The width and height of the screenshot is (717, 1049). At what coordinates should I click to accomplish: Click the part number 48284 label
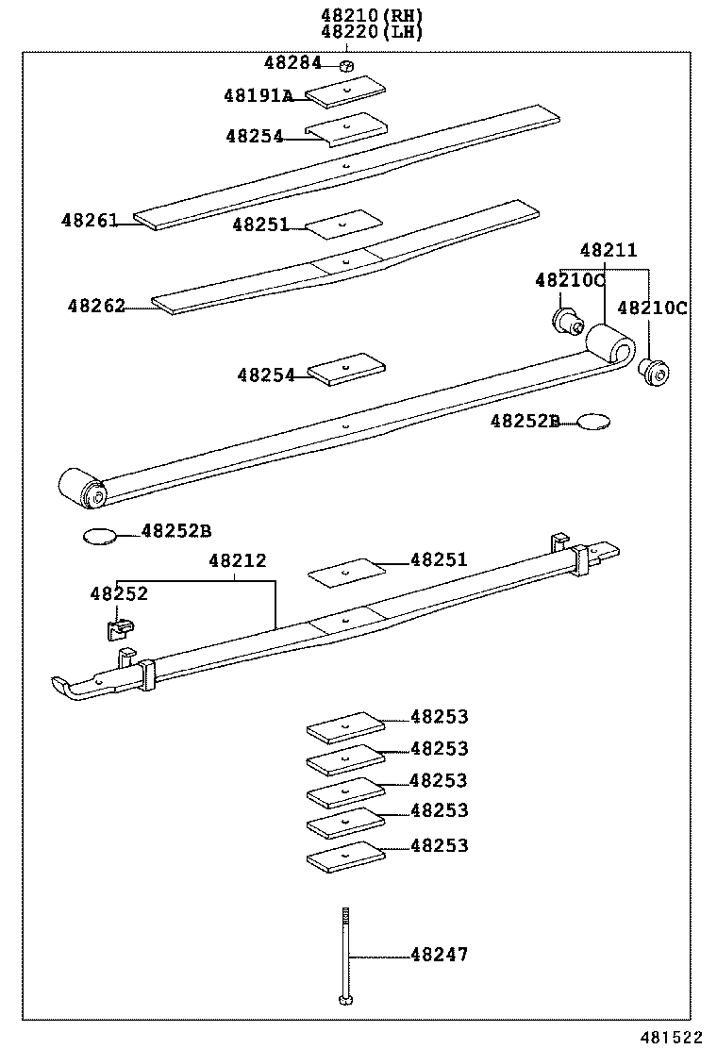pyautogui.click(x=292, y=63)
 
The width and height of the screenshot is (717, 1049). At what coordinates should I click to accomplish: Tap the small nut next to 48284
pyautogui.click(x=346, y=65)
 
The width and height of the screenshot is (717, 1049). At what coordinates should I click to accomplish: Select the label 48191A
pyautogui.click(x=258, y=95)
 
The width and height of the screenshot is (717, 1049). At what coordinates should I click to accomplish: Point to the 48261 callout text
pyautogui.click(x=90, y=221)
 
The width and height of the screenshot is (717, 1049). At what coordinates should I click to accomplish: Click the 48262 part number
pyautogui.click(x=95, y=307)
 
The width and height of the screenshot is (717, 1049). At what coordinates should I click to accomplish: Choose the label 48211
pyautogui.click(x=608, y=251)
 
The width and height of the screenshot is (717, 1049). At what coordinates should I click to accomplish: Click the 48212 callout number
pyautogui.click(x=237, y=561)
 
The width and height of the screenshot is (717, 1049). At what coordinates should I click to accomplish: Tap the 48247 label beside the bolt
pyautogui.click(x=439, y=955)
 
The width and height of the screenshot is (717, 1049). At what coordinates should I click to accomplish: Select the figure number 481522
pyautogui.click(x=674, y=1037)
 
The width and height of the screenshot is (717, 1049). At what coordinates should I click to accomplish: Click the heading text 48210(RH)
pyautogui.click(x=372, y=15)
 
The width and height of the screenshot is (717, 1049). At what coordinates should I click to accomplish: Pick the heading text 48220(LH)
pyautogui.click(x=372, y=31)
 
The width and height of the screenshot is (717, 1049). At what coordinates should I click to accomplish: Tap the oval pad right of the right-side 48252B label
pyautogui.click(x=593, y=422)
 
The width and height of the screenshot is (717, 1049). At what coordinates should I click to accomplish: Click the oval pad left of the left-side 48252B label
pyautogui.click(x=99, y=537)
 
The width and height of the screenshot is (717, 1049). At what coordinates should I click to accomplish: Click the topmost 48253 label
pyautogui.click(x=439, y=717)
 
